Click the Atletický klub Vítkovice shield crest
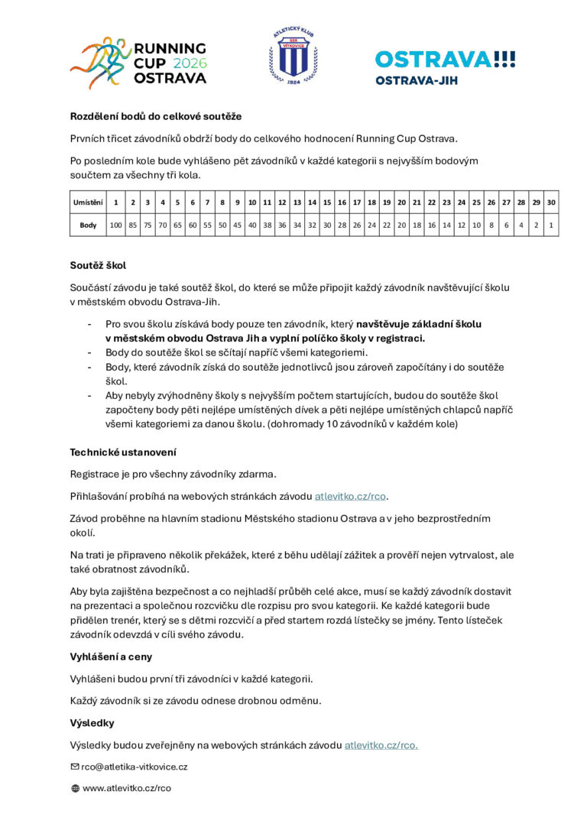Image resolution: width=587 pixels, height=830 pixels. point(293,58)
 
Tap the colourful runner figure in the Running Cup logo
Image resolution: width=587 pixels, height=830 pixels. point(99,63)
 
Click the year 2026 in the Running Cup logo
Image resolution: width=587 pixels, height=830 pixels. point(190,63)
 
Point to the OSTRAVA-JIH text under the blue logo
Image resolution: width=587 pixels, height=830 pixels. point(417,79)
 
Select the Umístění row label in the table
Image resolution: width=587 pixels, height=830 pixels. point(87,203)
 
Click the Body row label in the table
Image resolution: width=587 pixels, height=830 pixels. point(88,225)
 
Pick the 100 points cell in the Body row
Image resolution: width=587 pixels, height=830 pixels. point(115,225)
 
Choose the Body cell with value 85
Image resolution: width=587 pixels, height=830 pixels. point(132,225)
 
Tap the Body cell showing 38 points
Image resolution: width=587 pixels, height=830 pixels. point(268,225)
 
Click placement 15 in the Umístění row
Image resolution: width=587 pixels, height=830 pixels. point(327,203)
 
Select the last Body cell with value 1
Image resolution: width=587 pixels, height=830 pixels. point(550,225)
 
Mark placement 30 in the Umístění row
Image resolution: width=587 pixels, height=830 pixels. point(550,203)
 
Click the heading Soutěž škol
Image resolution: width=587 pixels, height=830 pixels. point(98,266)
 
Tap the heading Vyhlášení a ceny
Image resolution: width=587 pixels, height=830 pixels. point(111,657)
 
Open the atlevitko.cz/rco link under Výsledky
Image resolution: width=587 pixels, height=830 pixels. point(381,744)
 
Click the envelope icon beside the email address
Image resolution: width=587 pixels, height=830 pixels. point(75,767)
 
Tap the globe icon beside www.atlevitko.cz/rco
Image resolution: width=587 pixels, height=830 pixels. point(75,788)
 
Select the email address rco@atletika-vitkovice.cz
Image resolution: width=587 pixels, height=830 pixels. point(135,767)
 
